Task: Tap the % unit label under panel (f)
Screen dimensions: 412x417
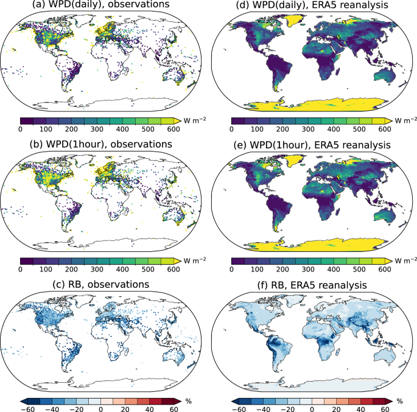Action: (400, 400)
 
